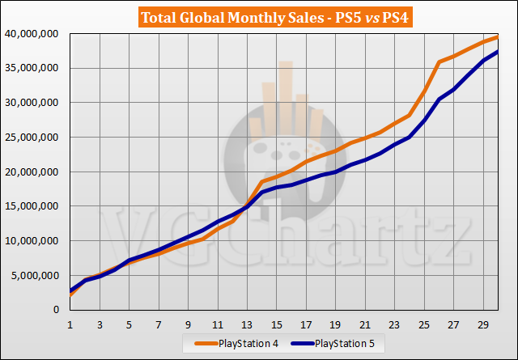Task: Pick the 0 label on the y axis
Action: [x=57, y=310]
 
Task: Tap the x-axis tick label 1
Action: [x=70, y=325]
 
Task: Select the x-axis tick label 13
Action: [x=247, y=325]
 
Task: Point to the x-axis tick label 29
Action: [x=482, y=325]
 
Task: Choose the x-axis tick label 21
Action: [x=365, y=325]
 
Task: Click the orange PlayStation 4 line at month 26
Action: [x=439, y=61]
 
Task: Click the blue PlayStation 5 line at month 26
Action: [x=439, y=100]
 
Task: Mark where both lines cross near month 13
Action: [x=246, y=205]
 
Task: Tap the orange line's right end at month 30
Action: [x=497, y=36]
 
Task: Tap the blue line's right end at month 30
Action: [x=497, y=52]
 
